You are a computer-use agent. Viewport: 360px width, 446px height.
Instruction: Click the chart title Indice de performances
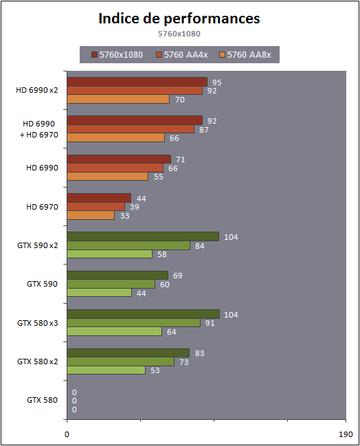click(179, 19)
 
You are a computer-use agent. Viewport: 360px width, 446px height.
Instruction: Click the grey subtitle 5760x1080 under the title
click(179, 34)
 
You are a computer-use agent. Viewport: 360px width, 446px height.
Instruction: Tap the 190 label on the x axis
click(346, 434)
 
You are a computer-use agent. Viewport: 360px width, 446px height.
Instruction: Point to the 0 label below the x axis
click(67, 434)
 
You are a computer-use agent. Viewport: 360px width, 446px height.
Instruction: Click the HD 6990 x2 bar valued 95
click(137, 82)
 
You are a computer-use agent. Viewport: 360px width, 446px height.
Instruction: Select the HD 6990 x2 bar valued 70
click(118, 99)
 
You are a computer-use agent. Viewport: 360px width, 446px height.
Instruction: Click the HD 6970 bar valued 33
click(91, 215)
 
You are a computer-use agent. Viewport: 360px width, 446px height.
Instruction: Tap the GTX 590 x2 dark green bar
click(143, 236)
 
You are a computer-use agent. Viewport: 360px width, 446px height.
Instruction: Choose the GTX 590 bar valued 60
click(111, 284)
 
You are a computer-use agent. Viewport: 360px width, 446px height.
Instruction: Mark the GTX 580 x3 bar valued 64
click(114, 331)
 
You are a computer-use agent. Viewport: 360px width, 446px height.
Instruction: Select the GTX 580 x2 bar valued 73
click(120, 361)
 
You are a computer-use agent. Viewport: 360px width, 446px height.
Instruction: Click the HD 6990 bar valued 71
click(119, 159)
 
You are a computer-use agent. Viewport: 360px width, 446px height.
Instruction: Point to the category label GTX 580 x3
click(38, 323)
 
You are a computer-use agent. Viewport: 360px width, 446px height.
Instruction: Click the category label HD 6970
click(42, 207)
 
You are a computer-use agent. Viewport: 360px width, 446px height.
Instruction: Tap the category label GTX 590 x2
click(38, 245)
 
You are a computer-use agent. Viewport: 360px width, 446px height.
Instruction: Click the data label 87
click(203, 130)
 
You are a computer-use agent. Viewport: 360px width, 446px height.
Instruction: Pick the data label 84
click(200, 246)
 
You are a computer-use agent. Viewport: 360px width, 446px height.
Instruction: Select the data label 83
click(200, 353)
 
